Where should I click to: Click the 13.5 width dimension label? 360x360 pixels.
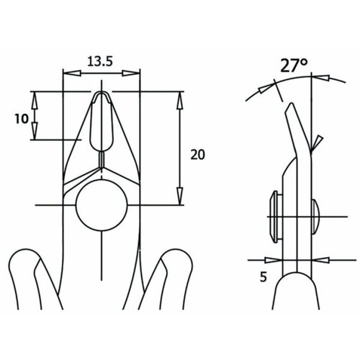100,61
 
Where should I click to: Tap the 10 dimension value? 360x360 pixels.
22,119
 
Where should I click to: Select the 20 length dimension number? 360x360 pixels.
197,155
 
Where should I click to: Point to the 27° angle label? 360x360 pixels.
294,66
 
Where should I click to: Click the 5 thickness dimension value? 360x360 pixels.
264,277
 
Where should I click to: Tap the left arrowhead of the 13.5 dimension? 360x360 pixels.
71,73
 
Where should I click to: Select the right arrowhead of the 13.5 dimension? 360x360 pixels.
131,73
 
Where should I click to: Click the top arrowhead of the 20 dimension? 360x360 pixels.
180,100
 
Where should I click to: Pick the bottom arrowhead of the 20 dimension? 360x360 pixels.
180,196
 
